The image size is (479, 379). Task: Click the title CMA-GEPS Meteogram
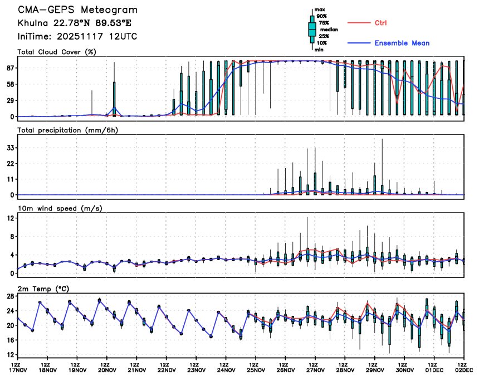tap(77, 10)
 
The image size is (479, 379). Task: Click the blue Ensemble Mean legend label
tap(402, 43)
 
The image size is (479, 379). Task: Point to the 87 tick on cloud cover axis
tap(9, 68)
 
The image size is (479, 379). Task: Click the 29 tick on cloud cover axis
tap(9, 100)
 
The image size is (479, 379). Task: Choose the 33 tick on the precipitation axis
tap(9, 147)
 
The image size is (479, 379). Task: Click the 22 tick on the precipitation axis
tap(9, 164)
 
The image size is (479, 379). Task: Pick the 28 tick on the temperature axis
tap(9, 296)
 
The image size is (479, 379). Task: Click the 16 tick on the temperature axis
tap(9, 340)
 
